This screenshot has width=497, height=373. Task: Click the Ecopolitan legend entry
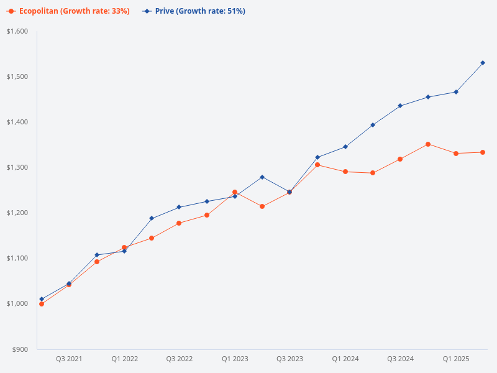69,11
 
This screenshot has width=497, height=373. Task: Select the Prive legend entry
194,11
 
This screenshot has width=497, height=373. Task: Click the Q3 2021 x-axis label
69,359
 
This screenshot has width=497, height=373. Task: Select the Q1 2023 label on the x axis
235,359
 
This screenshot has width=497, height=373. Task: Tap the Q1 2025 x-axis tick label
455,359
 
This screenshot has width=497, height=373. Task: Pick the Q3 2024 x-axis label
400,359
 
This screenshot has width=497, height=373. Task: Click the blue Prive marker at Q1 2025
455,92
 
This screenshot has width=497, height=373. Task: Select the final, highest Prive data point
483,63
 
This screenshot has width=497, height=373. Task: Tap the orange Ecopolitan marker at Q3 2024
400,159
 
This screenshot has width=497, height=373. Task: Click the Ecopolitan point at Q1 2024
345,172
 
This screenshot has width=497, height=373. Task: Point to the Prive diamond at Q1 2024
345,147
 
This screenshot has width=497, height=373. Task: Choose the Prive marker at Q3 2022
179,207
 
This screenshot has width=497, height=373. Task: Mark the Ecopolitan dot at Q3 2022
179,223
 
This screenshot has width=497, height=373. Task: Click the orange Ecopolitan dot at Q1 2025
455,153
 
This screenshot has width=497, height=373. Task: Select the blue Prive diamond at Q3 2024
400,106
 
